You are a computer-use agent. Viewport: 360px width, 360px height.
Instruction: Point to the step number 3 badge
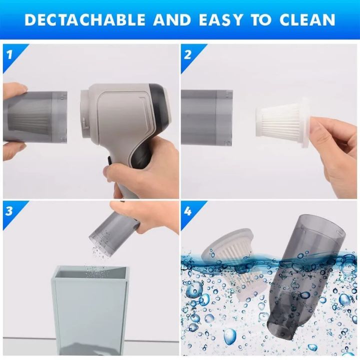9,210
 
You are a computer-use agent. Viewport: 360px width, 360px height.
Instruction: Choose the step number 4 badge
188,210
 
